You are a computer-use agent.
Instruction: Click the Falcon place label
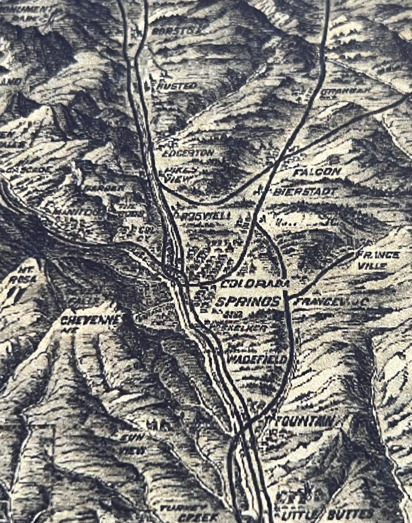[317, 171]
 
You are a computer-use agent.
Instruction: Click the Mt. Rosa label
[26, 275]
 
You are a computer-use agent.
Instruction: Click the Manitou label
[78, 212]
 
